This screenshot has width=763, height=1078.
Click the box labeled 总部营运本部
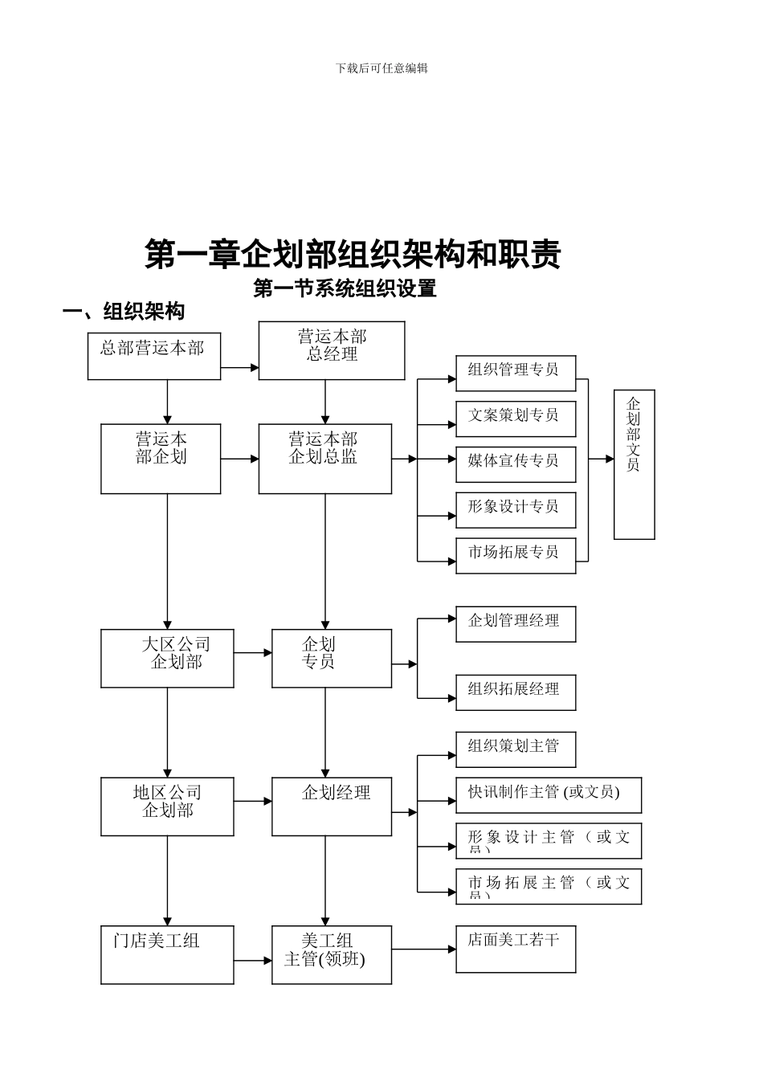(x=153, y=357)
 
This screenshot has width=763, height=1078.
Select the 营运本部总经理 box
(x=331, y=350)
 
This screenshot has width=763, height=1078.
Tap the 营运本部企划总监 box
(x=324, y=459)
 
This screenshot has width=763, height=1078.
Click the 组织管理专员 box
(x=516, y=374)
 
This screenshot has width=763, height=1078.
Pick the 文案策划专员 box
(x=516, y=419)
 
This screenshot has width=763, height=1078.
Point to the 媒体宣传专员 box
(x=516, y=464)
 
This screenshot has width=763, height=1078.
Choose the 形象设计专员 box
(x=516, y=510)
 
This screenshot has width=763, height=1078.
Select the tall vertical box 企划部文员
(x=634, y=464)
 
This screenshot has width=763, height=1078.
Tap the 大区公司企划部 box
(x=167, y=658)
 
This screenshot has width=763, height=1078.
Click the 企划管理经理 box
(x=516, y=624)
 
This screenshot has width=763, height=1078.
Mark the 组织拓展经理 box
(x=516, y=692)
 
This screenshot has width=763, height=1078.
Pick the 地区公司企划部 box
(x=167, y=806)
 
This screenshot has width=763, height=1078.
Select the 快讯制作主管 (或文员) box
(x=549, y=795)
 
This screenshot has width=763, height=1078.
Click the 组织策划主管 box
(x=516, y=749)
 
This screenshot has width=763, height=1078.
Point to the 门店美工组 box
(x=167, y=954)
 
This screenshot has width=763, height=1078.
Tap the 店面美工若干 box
(x=516, y=949)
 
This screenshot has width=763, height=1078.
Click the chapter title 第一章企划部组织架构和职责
(x=353, y=255)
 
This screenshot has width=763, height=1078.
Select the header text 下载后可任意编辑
(x=381, y=68)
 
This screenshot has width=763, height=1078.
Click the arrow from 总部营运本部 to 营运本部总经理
(x=239, y=367)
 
